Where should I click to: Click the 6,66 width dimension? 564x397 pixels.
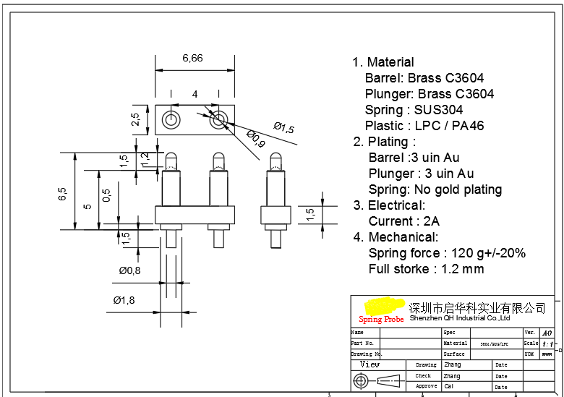point(192,59)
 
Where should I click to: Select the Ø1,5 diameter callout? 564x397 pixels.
point(283,128)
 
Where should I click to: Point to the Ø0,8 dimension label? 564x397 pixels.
point(130,270)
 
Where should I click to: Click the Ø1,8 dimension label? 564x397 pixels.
point(124,300)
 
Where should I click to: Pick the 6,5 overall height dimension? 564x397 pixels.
point(63,193)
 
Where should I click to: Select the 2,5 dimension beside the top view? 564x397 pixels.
point(135,119)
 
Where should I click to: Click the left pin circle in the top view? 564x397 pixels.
point(171,119)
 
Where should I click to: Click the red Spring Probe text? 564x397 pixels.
point(381,320)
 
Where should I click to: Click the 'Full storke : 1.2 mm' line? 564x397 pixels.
point(426,269)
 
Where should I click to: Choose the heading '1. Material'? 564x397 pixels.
point(383,62)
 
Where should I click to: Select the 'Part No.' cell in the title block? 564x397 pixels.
point(362,343)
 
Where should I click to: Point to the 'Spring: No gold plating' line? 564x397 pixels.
point(435,189)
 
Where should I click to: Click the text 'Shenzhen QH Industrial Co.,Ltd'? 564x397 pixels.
point(460,318)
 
